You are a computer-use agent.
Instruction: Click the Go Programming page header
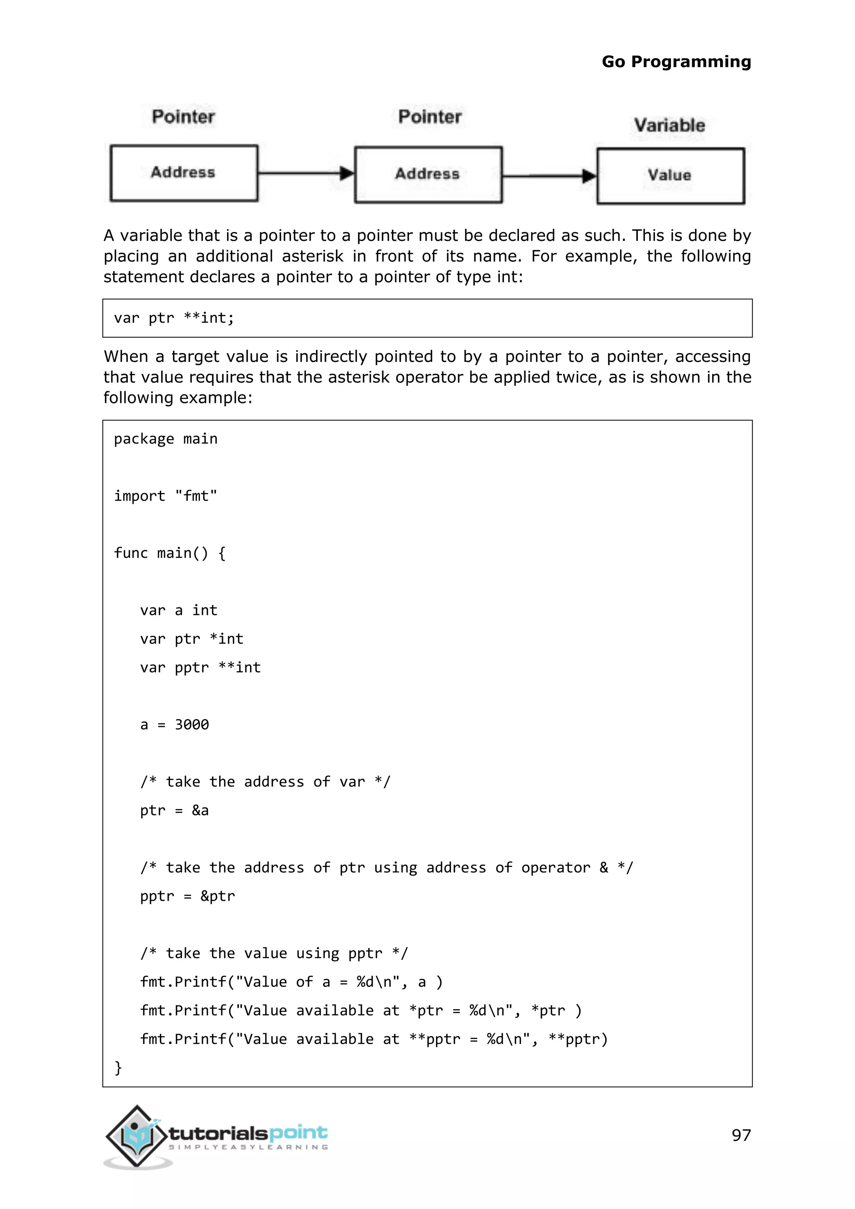(x=676, y=62)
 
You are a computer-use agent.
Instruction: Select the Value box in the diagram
(x=670, y=175)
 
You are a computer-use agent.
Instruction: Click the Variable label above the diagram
(x=669, y=125)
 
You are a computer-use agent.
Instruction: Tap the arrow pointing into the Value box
(x=550, y=175)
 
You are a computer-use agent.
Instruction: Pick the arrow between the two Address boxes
(x=306, y=173)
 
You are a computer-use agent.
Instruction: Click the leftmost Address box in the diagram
(x=183, y=173)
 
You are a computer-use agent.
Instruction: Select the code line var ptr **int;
(x=174, y=318)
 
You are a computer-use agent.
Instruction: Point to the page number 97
(x=741, y=1135)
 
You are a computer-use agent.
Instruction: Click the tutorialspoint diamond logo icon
(x=137, y=1136)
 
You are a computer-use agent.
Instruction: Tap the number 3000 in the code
(x=192, y=725)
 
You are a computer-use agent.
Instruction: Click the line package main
(x=165, y=439)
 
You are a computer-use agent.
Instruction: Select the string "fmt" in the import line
(x=196, y=496)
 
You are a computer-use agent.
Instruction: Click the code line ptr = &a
(x=174, y=810)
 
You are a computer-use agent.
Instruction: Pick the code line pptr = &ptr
(x=187, y=896)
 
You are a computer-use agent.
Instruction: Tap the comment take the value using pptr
(x=274, y=953)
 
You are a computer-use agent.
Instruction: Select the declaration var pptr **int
(x=200, y=668)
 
